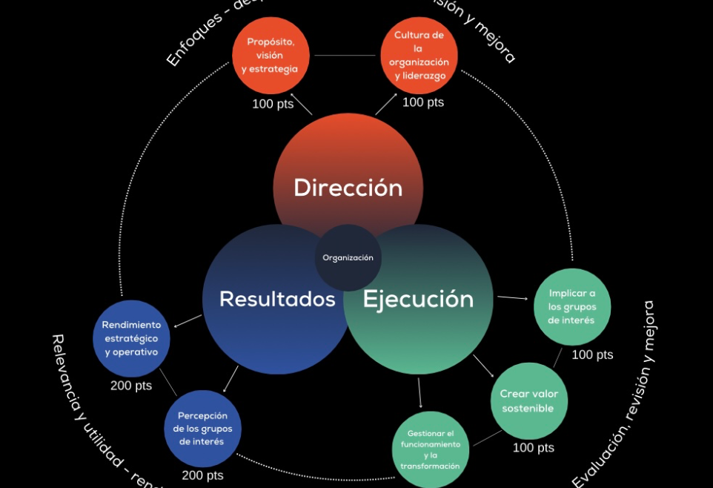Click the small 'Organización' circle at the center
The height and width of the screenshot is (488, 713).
[x=348, y=257]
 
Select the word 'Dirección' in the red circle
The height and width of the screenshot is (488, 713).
[x=348, y=188]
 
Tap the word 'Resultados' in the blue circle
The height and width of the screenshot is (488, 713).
[x=277, y=299]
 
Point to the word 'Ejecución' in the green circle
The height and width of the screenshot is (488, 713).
[x=418, y=299]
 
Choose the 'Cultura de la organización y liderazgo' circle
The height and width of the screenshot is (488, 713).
[x=419, y=56]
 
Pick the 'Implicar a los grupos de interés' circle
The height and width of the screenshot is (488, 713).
[x=572, y=307]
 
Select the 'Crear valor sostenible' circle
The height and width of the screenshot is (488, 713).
[x=528, y=401]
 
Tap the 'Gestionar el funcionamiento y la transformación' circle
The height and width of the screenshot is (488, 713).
[x=430, y=449]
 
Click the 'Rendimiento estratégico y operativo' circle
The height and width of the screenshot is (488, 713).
[x=131, y=338]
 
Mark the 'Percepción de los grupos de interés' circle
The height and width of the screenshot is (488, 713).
[x=202, y=429]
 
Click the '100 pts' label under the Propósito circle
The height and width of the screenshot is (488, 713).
[x=273, y=104]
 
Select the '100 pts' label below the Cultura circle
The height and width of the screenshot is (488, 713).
[x=423, y=102]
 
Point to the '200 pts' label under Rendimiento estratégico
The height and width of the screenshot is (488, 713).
[x=131, y=386]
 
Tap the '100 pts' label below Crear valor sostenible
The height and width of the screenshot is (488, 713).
[x=534, y=448]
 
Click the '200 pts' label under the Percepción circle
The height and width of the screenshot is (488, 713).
[x=202, y=475]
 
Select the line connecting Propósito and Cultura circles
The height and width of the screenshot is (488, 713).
[x=345, y=56]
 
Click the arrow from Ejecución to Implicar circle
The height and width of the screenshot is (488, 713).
[x=512, y=298]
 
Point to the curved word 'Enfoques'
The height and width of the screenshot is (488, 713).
[x=195, y=39]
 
